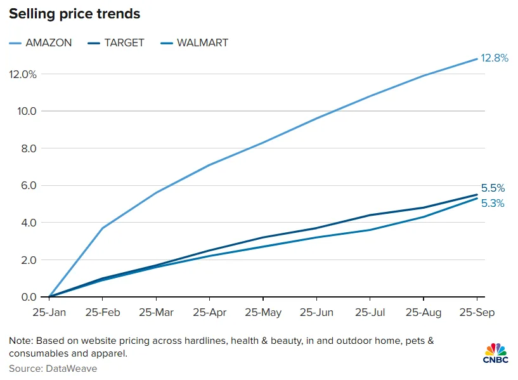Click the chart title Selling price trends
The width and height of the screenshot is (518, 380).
coord(75,13)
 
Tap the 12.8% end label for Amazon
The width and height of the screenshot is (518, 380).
coord(495,58)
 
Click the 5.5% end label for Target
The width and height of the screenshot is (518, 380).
coord(493,188)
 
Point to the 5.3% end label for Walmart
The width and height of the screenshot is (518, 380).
coord(493,204)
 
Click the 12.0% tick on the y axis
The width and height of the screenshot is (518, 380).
coord(23,74)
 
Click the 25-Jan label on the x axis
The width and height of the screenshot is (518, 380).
coord(49,313)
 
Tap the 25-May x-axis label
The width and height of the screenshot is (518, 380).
coord(263,313)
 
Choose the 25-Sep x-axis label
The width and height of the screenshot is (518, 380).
coord(477,313)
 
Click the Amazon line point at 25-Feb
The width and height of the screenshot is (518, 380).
coord(103,228)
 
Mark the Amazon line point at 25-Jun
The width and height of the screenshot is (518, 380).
coord(316,119)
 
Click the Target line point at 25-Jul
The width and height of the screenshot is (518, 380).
coord(370,215)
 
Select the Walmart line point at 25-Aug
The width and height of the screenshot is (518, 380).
coord(424,217)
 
